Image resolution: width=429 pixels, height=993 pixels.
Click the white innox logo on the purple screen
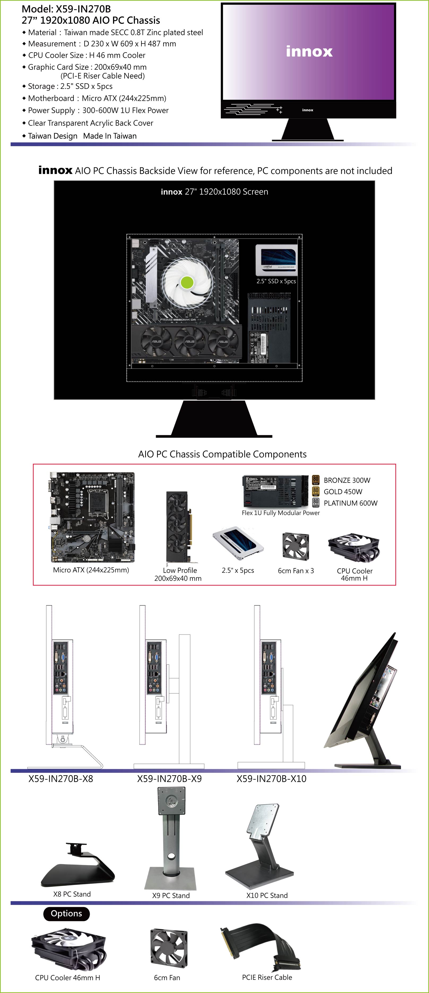(309, 51)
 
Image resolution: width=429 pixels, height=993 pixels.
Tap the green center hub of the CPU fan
(187, 282)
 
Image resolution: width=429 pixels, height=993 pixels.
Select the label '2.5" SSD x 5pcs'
(276, 281)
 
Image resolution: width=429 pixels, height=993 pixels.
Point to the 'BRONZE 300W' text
(347, 480)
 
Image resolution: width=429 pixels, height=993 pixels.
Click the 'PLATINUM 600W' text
(350, 503)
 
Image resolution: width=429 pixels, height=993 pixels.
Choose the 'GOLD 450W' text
(343, 492)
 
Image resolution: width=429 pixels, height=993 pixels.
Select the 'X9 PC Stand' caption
(171, 895)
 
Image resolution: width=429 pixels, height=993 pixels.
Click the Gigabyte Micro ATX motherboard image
(93, 517)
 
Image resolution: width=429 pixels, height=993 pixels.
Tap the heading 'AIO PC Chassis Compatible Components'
(222, 454)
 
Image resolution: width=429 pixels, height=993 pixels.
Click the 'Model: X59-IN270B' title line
(66, 9)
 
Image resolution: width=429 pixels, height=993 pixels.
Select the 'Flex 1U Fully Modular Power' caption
(281, 513)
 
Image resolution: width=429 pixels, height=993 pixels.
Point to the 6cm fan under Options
(169, 948)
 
